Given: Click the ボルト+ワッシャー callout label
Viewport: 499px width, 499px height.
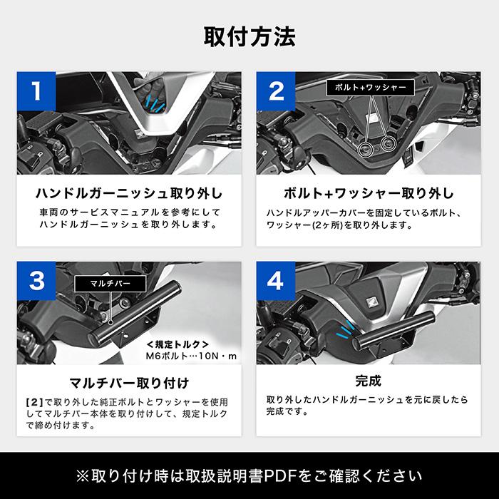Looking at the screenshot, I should click(x=370, y=87).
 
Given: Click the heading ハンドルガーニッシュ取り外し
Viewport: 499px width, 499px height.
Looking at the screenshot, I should click(x=128, y=193).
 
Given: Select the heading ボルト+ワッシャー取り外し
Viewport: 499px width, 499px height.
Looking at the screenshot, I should click(x=369, y=193).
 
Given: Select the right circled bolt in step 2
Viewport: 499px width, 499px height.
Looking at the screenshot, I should click(x=388, y=145).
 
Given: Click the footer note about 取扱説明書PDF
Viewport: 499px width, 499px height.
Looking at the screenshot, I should click(x=249, y=475).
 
